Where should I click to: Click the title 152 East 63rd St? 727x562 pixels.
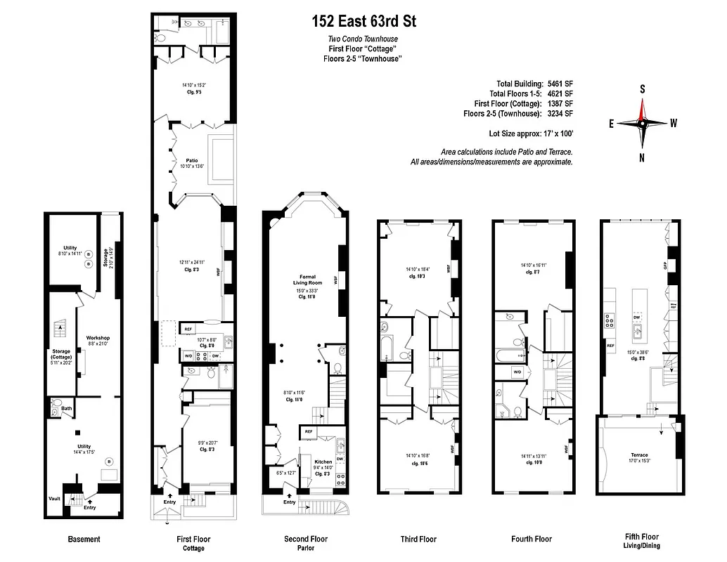point(364,22)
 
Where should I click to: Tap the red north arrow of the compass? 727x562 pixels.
point(641,109)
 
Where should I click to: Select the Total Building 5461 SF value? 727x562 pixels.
point(560,84)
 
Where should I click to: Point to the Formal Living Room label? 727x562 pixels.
point(307,279)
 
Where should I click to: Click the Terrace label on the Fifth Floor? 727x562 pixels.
point(639,455)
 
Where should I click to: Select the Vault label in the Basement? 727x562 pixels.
point(55,499)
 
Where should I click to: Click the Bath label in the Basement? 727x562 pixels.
point(67,408)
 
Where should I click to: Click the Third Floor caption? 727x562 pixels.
point(418,540)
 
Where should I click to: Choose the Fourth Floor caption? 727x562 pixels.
point(532,540)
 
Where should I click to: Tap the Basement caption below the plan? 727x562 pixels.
point(84,540)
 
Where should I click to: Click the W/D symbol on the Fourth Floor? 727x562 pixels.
point(517,372)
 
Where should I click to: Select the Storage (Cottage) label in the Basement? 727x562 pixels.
point(61,355)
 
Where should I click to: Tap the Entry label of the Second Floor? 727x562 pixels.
point(290,502)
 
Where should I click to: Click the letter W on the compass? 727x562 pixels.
point(674,122)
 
